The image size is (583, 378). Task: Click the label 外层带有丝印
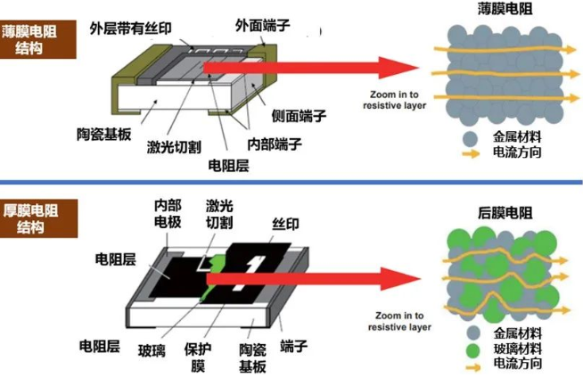tap(135, 27)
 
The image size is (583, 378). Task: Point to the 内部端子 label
tap(275, 144)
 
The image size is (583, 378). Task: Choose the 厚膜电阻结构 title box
tap(29, 218)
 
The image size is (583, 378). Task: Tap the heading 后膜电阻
tap(505, 212)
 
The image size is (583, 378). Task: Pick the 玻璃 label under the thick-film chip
tap(152, 349)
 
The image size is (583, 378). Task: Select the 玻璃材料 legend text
tap(516, 348)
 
